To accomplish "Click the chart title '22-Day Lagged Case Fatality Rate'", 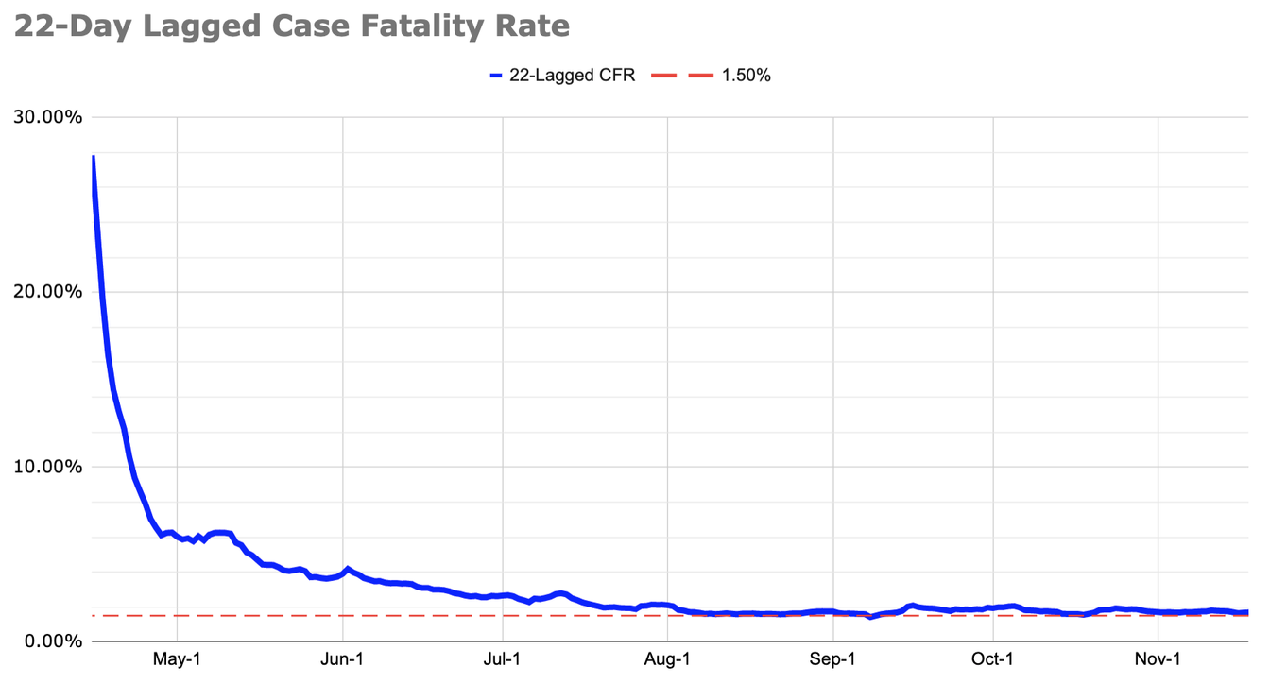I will click(x=291, y=26).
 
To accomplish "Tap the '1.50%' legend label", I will click(x=746, y=76).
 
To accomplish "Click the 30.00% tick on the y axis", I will click(x=47, y=117).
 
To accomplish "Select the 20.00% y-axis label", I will click(x=47, y=292).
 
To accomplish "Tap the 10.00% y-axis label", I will click(x=47, y=467).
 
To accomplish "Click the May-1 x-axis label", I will click(x=177, y=659).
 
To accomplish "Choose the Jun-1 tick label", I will click(x=343, y=659).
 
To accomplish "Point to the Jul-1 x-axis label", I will click(x=503, y=659).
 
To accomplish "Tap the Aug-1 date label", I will click(x=668, y=659).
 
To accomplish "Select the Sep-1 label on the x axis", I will click(x=833, y=659).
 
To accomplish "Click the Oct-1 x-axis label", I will click(x=993, y=659).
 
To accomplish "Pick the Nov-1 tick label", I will click(x=1158, y=659).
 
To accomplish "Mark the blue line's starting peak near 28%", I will click(x=93, y=157).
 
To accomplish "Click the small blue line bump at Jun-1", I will click(x=348, y=569).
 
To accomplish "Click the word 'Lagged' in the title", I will click(x=196, y=26).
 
